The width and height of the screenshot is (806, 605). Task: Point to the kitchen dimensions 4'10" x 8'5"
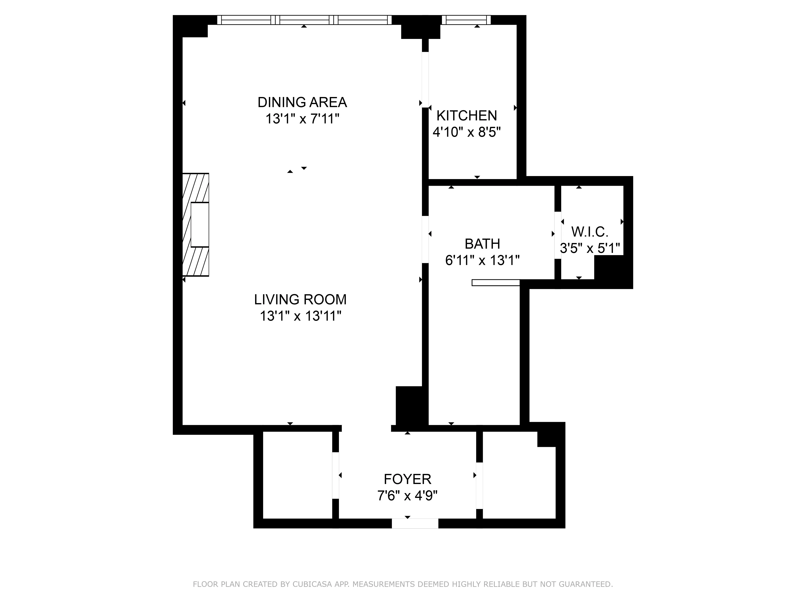coord(466,132)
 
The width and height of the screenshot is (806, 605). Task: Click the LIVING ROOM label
coord(300,299)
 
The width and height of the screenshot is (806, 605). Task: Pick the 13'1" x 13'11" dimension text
coord(300,316)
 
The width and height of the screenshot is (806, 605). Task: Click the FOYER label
coord(407,479)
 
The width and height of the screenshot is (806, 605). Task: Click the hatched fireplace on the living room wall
coord(196,225)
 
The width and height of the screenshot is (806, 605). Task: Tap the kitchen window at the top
coord(466,20)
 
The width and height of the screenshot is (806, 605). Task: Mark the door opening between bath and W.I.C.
coord(558,235)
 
